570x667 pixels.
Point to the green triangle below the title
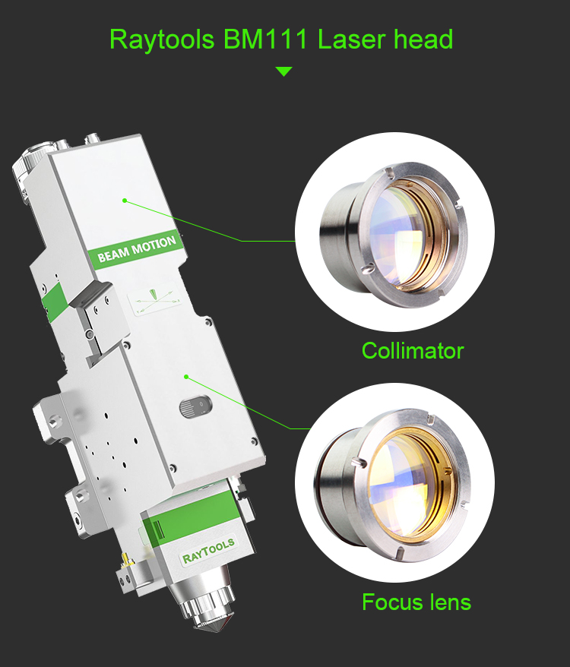point(283,71)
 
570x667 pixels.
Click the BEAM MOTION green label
point(137,248)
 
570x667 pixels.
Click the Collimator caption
point(412,351)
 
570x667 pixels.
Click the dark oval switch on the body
point(193,408)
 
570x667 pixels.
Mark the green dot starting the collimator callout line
point(124,201)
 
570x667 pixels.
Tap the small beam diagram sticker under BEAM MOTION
point(156,300)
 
